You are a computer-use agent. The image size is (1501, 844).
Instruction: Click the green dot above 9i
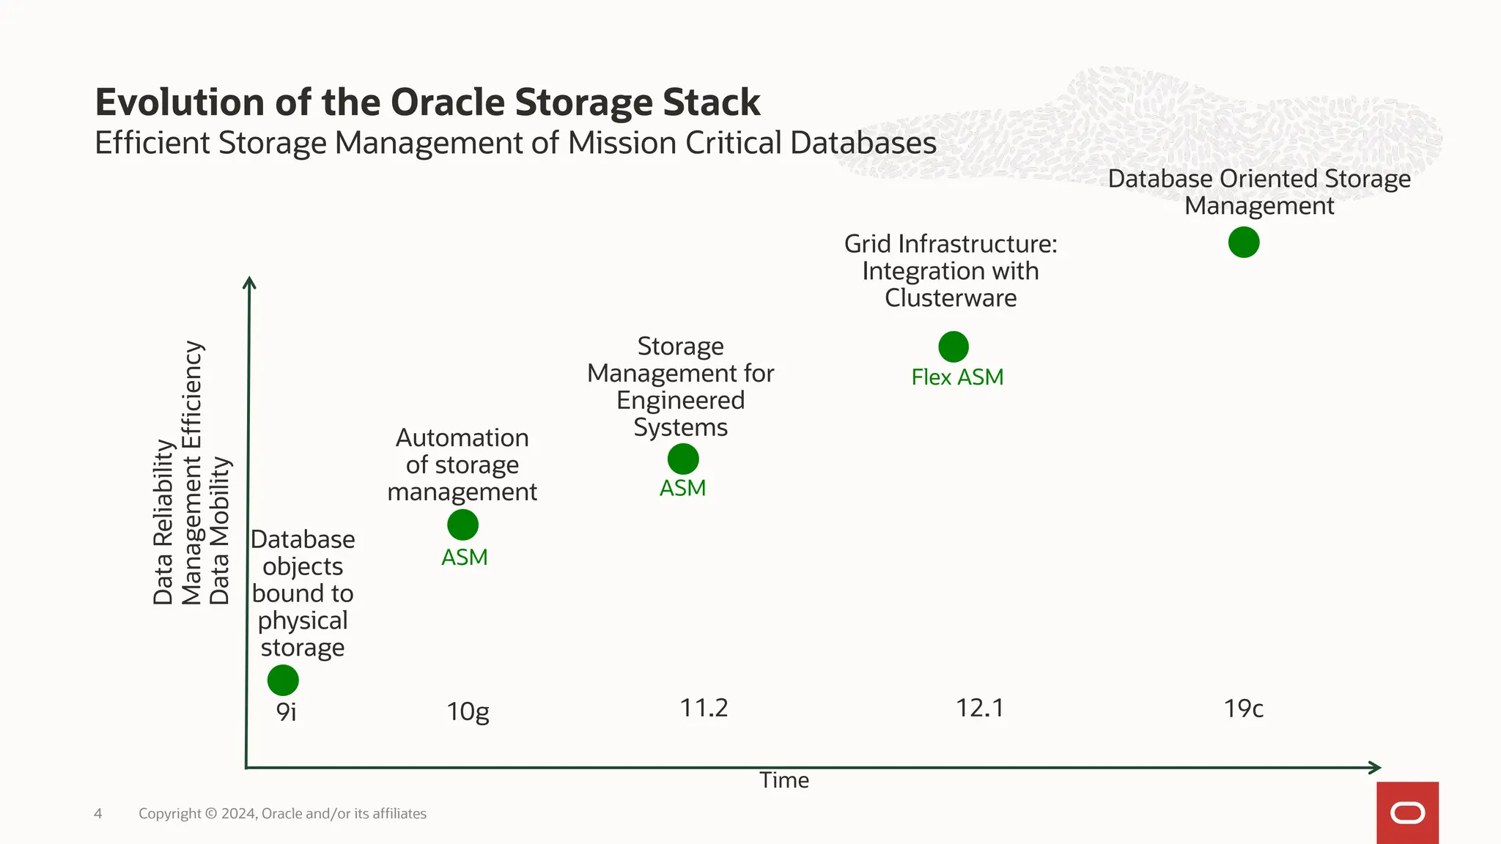pos(283,680)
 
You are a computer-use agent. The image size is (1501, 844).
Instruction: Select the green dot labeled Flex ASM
pos(954,347)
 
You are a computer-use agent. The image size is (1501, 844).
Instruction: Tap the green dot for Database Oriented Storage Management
pos(1244,243)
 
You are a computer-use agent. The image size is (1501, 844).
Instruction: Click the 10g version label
pos(468,711)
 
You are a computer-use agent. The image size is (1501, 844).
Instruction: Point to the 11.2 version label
pos(704,708)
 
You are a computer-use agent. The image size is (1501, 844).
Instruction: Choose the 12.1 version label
pos(980,708)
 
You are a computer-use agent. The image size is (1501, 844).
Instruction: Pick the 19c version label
pos(1244,708)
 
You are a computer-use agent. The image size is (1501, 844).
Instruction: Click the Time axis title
pos(784,780)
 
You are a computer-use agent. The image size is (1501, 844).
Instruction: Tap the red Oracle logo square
pos(1407,812)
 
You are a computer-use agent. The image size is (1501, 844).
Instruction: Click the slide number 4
pos(98,813)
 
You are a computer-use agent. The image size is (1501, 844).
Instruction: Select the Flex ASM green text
pos(957,377)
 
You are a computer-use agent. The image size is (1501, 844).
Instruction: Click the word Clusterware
pos(951,298)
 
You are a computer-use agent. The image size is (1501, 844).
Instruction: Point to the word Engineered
pos(680,400)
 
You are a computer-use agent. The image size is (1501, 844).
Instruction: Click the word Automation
pos(462,437)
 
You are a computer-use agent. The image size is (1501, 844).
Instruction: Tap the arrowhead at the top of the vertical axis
pos(249,282)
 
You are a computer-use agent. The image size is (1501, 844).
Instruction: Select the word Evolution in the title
pos(179,102)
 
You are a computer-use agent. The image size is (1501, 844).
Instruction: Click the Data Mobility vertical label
pos(220,531)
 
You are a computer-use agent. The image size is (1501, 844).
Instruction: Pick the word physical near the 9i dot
pos(303,621)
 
